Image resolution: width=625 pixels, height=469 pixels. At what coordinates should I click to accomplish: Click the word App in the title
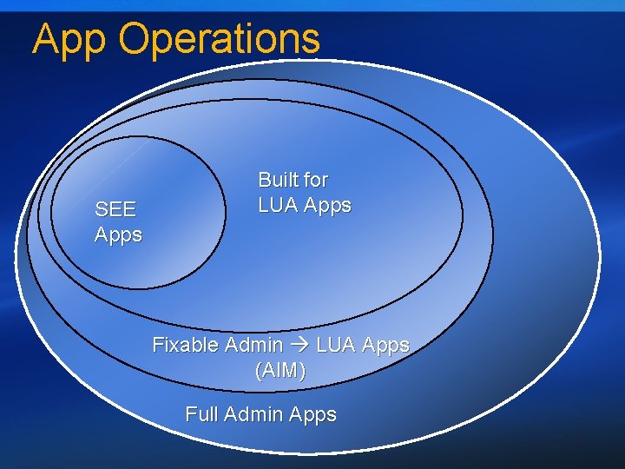[x=69, y=40]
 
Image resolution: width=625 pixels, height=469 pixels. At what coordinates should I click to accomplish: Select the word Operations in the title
[x=220, y=40]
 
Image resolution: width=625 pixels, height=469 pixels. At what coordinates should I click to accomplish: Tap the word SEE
[x=115, y=209]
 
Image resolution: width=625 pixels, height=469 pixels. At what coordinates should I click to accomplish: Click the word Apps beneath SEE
[x=118, y=234]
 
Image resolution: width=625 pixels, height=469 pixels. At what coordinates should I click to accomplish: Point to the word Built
[x=277, y=180]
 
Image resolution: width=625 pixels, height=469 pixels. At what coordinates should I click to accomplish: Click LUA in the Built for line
[x=279, y=206]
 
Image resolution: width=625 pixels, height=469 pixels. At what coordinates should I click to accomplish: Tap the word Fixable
[x=185, y=345]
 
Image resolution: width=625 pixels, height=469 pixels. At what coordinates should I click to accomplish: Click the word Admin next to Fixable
[x=253, y=345]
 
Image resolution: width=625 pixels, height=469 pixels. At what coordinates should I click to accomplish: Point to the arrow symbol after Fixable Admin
[x=299, y=345]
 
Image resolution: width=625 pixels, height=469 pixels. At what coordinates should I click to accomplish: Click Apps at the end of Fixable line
[x=385, y=345]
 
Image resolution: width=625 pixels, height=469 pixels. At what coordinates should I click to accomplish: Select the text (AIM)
[x=280, y=371]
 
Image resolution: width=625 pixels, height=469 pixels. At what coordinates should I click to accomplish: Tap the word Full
[x=201, y=414]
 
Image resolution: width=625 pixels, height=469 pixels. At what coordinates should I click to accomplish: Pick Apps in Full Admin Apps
[x=312, y=415]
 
